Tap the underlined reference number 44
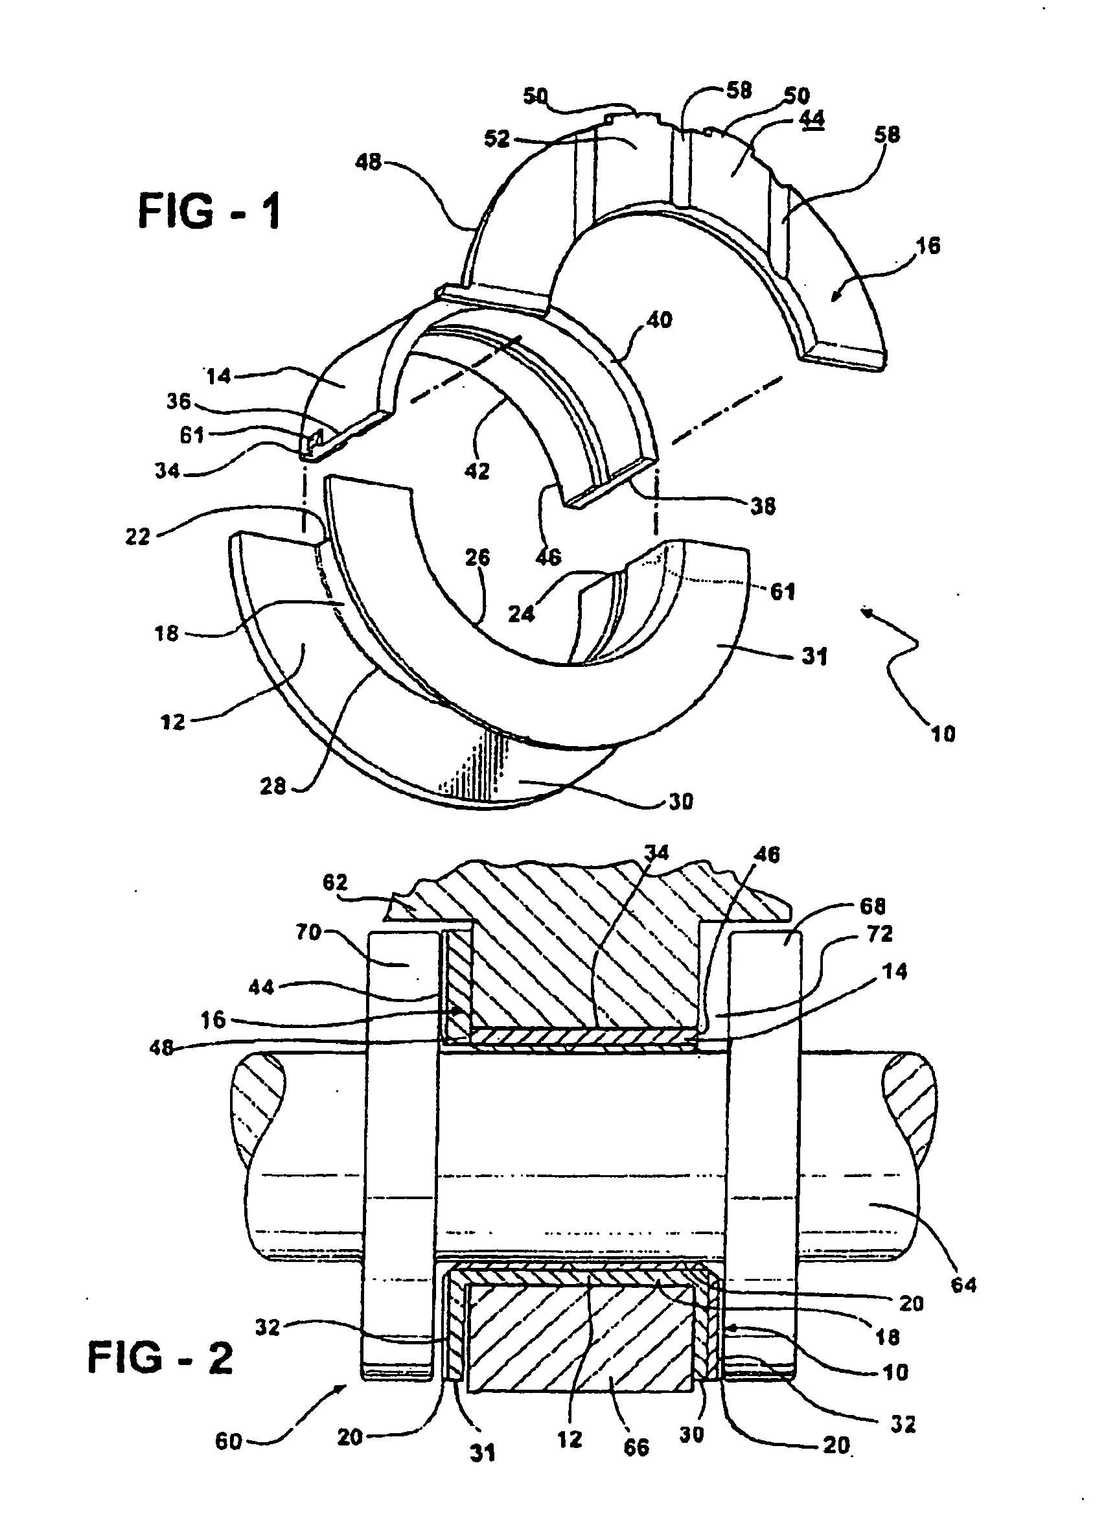click(811, 119)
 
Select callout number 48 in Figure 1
click(369, 162)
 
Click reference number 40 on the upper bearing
click(659, 319)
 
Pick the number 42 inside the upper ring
click(477, 471)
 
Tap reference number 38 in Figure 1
click(763, 506)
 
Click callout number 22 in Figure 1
click(137, 537)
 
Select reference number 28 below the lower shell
click(273, 786)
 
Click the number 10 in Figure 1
click(943, 733)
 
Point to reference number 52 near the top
click(497, 139)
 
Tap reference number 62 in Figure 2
click(336, 882)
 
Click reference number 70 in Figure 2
click(308, 933)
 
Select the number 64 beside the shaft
click(963, 1284)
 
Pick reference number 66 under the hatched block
click(636, 1447)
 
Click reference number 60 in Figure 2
click(229, 1441)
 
